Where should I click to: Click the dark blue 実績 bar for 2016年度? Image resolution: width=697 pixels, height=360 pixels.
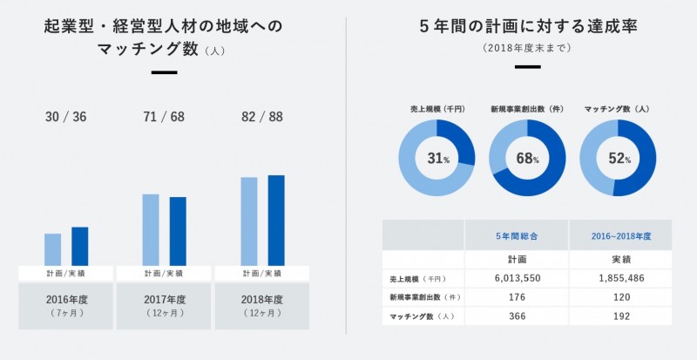(x=79, y=246)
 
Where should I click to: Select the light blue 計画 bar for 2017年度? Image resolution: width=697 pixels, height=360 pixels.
(x=151, y=229)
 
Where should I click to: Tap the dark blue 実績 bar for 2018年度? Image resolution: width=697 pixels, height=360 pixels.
(x=276, y=221)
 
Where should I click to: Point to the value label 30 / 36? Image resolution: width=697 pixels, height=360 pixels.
(x=65, y=117)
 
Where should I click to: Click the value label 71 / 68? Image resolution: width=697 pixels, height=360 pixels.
(x=164, y=117)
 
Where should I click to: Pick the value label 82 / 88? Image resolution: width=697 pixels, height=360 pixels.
(x=262, y=117)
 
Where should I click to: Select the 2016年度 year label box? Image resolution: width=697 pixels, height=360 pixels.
(x=66, y=305)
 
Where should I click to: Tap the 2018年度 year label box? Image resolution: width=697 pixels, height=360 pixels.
(x=262, y=305)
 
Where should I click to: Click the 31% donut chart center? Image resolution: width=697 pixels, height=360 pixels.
(x=437, y=158)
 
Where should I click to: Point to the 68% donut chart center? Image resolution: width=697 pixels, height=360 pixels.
(x=527, y=158)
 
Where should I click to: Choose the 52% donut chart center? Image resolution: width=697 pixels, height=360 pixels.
(x=618, y=158)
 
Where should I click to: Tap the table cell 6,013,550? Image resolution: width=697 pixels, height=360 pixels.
(x=517, y=279)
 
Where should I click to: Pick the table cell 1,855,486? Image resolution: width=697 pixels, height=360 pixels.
(x=622, y=279)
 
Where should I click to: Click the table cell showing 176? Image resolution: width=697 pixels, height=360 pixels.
(x=517, y=298)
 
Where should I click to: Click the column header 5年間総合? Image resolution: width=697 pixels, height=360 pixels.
(x=517, y=236)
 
